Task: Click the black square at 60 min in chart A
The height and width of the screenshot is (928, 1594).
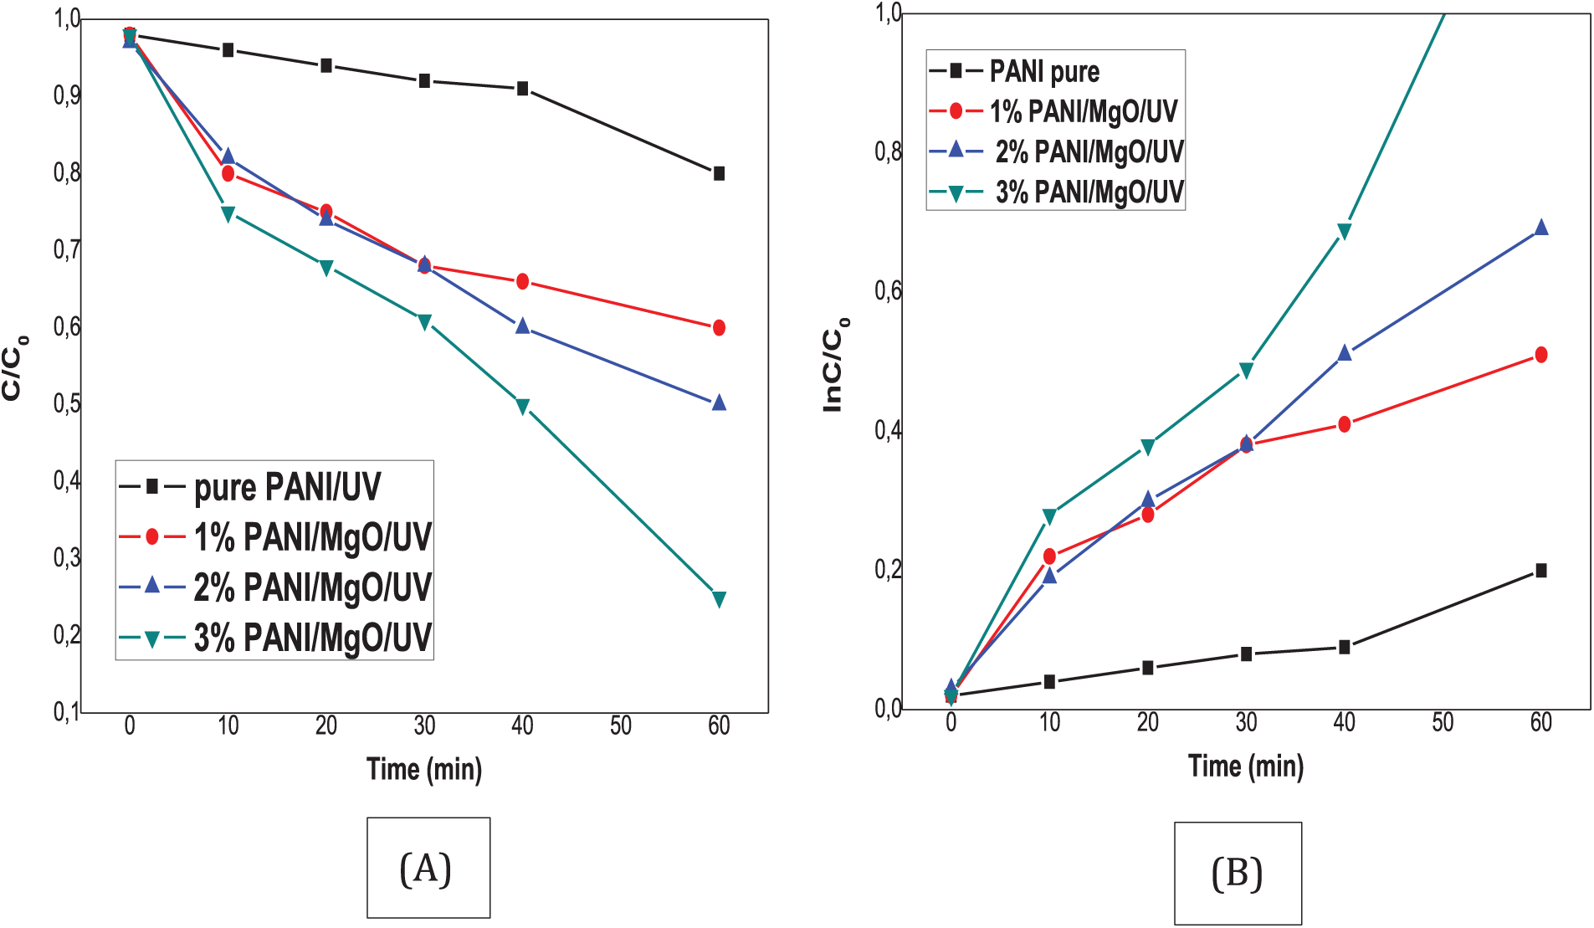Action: tap(719, 173)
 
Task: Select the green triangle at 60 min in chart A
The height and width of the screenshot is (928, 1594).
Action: tap(719, 599)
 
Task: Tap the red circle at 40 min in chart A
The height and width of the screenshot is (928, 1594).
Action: tap(522, 281)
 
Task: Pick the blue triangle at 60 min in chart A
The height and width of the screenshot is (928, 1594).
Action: tap(719, 402)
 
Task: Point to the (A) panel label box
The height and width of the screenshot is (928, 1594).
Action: tap(428, 868)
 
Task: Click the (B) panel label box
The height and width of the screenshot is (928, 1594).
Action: tap(1237, 873)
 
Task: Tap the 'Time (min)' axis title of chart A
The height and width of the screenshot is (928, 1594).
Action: tap(424, 769)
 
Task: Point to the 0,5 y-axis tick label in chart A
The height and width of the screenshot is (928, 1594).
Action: tap(67, 403)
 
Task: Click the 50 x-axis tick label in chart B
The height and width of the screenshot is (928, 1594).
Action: tap(1443, 722)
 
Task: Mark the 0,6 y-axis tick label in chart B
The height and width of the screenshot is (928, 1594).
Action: tap(888, 291)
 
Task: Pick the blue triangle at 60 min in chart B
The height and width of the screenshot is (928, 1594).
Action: tap(1540, 228)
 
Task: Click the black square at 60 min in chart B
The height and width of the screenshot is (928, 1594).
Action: tap(1540, 571)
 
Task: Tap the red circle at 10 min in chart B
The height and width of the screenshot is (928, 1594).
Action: tap(1049, 556)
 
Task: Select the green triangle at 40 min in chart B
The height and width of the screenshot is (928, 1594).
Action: tap(1344, 231)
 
